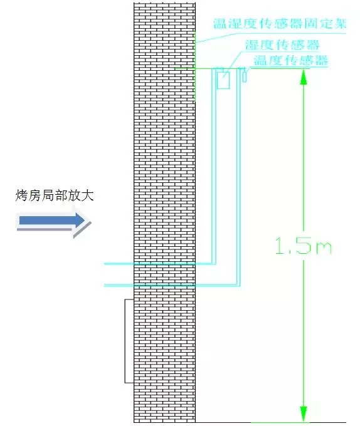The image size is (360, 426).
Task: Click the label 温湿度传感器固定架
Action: coord(280,23)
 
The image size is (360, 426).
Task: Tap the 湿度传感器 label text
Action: coord(282,45)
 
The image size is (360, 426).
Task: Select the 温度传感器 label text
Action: coord(290,60)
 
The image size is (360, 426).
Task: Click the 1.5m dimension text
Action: coord(304,246)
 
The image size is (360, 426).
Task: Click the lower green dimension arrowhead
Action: coord(304,413)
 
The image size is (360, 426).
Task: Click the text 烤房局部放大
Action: coord(55,195)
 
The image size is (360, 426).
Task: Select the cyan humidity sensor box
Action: coord(223,80)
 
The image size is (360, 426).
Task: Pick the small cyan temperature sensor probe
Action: coord(245,76)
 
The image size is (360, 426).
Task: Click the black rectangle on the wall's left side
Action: coord(129,341)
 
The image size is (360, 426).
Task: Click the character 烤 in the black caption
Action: coord(21,195)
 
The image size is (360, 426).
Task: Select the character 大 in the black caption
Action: coord(88,195)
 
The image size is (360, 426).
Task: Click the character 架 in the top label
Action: coord(340,23)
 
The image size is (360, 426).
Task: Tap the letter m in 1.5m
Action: coord(323,249)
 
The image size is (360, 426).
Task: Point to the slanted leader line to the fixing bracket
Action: coord(217,38)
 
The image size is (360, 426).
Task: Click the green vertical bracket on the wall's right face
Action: coord(195,66)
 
